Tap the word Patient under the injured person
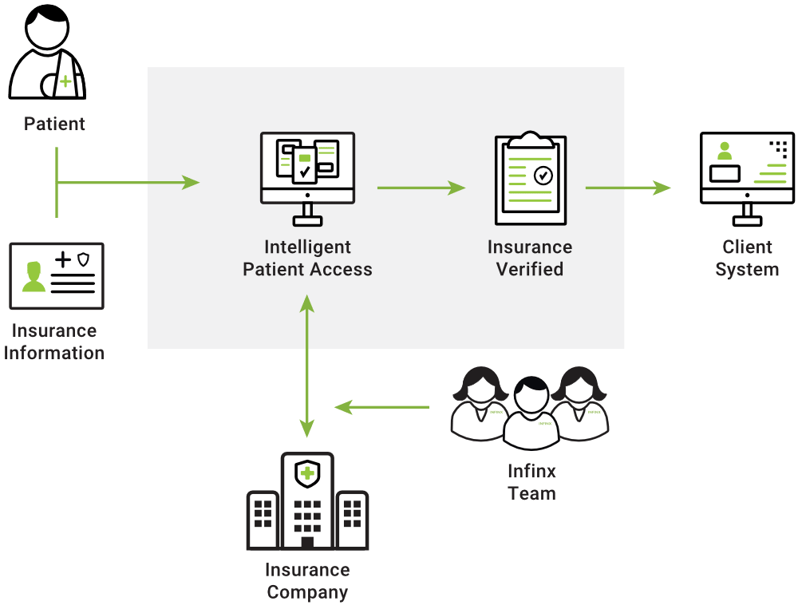[x=54, y=124]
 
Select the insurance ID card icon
[x=57, y=276]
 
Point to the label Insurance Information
[x=54, y=342]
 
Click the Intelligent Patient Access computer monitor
[x=307, y=179]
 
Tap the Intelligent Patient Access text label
[x=307, y=258]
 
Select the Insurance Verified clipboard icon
[x=531, y=177]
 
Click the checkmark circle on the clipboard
[x=543, y=176]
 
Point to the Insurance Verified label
[x=530, y=258]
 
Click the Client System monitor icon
[x=747, y=179]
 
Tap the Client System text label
[x=747, y=258]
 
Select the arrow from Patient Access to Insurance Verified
[x=421, y=188]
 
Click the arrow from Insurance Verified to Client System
[x=628, y=188]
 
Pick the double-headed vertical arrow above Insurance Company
[x=307, y=366]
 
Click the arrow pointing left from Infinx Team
[x=381, y=407]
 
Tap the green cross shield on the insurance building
[x=307, y=474]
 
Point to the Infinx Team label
[x=531, y=482]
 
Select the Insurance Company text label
[x=307, y=581]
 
